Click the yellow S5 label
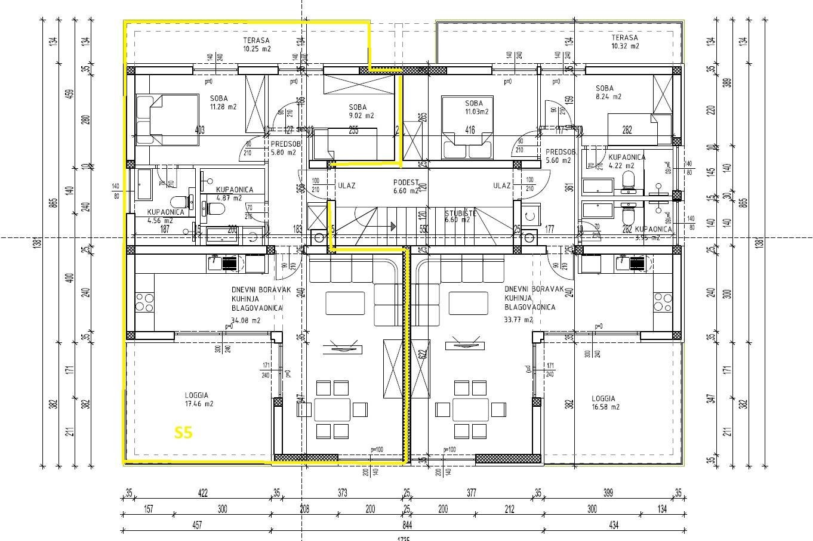[183, 432]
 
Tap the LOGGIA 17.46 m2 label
[196, 400]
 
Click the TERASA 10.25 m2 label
[257, 45]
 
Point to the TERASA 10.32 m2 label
[625, 41]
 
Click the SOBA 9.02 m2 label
[361, 112]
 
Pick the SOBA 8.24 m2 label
[608, 92]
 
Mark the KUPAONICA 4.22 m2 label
[627, 162]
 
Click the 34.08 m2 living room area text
[247, 320]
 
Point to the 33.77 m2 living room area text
[519, 320]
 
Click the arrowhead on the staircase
[393, 226]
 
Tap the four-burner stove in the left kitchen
[144, 302]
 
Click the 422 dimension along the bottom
[202, 493]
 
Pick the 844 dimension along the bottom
[407, 525]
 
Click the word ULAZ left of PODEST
[346, 186]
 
